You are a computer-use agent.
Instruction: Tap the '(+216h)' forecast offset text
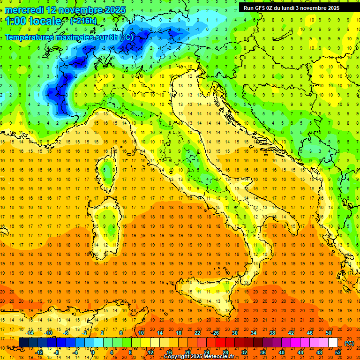pos(83,21)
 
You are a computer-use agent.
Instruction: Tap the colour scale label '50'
pos(329,332)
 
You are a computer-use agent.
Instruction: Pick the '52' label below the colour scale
pos(338,352)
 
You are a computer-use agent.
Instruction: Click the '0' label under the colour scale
pos(93,352)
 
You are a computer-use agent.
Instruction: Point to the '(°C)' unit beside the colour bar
pos(349,343)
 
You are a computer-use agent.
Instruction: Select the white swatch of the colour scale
pos(333,343)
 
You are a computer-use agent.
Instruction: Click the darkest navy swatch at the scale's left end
pos(23,343)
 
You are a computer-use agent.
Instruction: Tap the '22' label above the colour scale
pos(197,332)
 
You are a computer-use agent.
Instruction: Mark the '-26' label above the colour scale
pos(215,332)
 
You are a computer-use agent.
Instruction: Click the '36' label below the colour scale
pos(263,352)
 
